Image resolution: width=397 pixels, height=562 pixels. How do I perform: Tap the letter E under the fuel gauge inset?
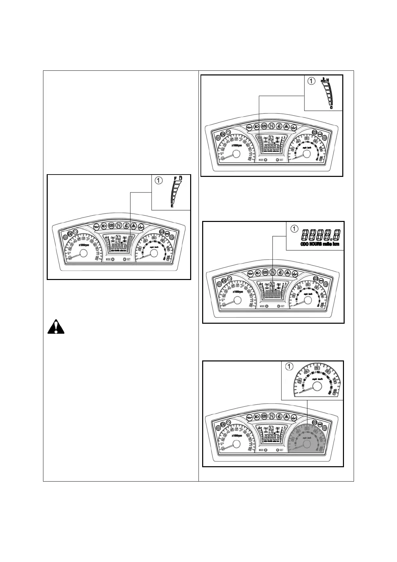coord(172,206)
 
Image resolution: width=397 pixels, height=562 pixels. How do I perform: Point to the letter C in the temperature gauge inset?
coord(331,107)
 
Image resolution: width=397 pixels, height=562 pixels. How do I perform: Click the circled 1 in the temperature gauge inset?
coord(311,81)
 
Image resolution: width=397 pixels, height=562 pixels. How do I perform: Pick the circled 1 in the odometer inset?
coord(294,229)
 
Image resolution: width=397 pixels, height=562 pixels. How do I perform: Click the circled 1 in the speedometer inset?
coord(289,366)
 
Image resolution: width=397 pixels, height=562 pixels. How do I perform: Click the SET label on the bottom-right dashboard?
coord(282,450)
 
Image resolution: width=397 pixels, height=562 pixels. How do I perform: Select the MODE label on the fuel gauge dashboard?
coord(108,259)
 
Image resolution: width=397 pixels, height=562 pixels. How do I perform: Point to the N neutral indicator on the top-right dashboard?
coord(272,127)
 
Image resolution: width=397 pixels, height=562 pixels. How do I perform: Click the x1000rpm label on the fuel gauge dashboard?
coord(84,245)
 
